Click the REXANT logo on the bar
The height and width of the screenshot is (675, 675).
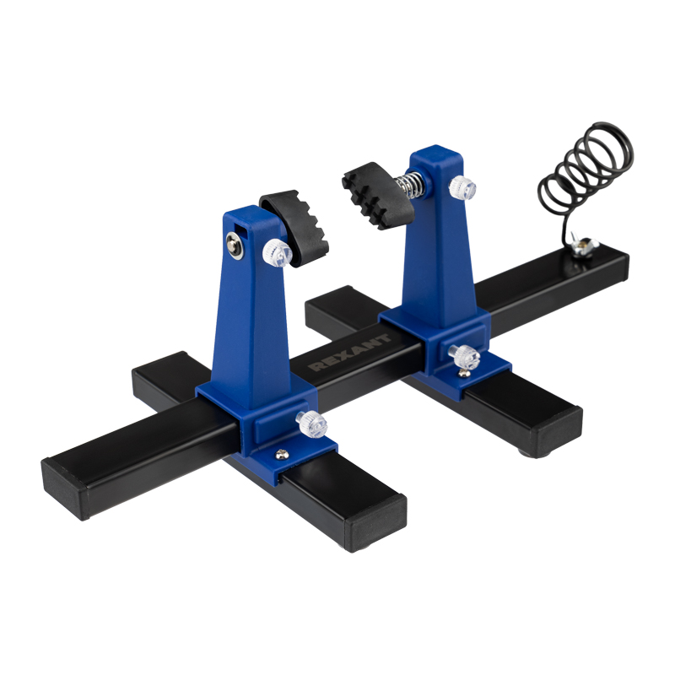tap(350, 352)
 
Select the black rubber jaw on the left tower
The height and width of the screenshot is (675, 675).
tap(296, 227)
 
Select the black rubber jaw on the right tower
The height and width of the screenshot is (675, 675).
tap(377, 196)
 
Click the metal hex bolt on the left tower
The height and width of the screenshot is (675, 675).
tap(235, 246)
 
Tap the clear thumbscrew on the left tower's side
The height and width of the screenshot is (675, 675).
tap(278, 253)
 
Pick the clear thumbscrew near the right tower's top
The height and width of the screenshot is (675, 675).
tap(462, 187)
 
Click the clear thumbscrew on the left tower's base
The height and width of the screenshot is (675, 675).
tap(311, 424)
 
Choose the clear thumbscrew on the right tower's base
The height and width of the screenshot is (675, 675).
tap(464, 357)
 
